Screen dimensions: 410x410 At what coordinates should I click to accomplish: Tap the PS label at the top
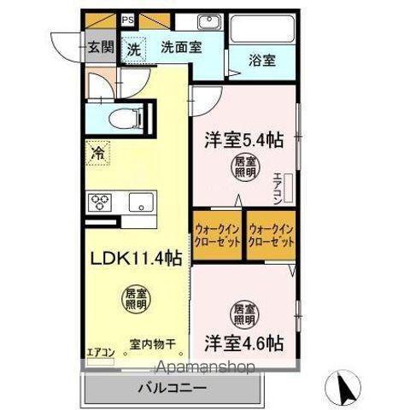[x=127, y=19]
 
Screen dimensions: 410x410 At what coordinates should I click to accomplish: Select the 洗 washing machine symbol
[x=134, y=49]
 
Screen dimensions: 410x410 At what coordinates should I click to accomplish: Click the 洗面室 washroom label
[x=181, y=49]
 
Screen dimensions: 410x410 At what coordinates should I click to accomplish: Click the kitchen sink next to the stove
[x=138, y=203]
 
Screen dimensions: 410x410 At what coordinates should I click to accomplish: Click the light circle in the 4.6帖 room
[x=243, y=313]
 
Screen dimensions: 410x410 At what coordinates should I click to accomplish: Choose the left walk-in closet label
[x=216, y=235]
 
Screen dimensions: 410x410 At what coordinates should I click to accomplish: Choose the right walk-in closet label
[x=271, y=235]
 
